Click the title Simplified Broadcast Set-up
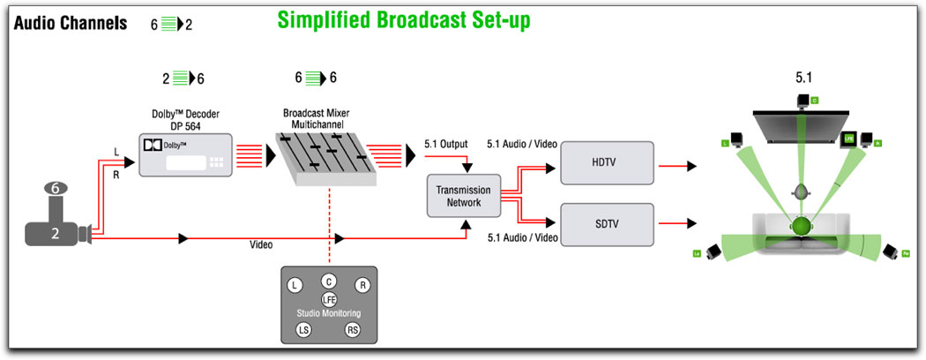(x=404, y=20)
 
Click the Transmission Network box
(x=463, y=195)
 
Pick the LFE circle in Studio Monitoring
(x=329, y=300)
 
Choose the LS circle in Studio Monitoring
(x=303, y=331)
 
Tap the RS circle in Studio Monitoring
(x=353, y=331)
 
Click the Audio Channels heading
(x=71, y=22)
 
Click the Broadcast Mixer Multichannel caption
(x=325, y=120)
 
